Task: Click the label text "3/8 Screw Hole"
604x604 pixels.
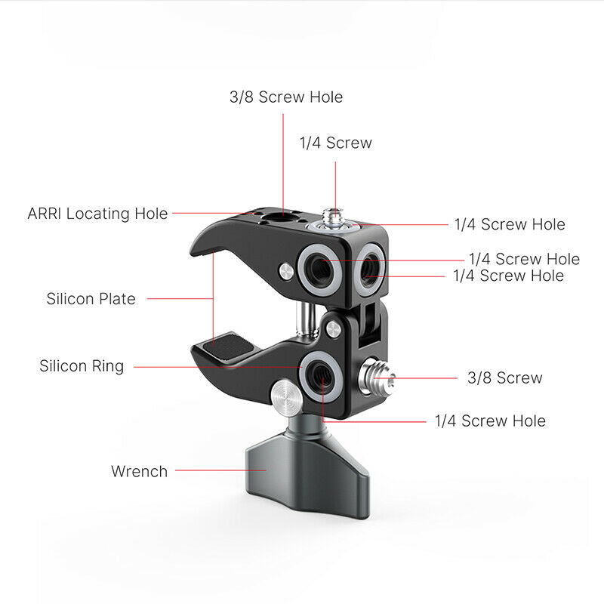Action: (286, 97)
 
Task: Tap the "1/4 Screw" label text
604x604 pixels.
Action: (336, 143)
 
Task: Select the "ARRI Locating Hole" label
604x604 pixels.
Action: (98, 214)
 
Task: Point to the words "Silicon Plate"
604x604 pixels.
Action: (91, 299)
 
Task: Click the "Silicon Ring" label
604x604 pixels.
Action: (82, 366)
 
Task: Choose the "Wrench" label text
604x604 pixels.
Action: (140, 471)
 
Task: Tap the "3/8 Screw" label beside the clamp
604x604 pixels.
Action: (504, 378)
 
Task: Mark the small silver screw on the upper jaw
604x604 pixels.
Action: (286, 272)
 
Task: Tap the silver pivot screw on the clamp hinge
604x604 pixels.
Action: (333, 329)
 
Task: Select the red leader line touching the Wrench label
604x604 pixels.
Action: (220, 470)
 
